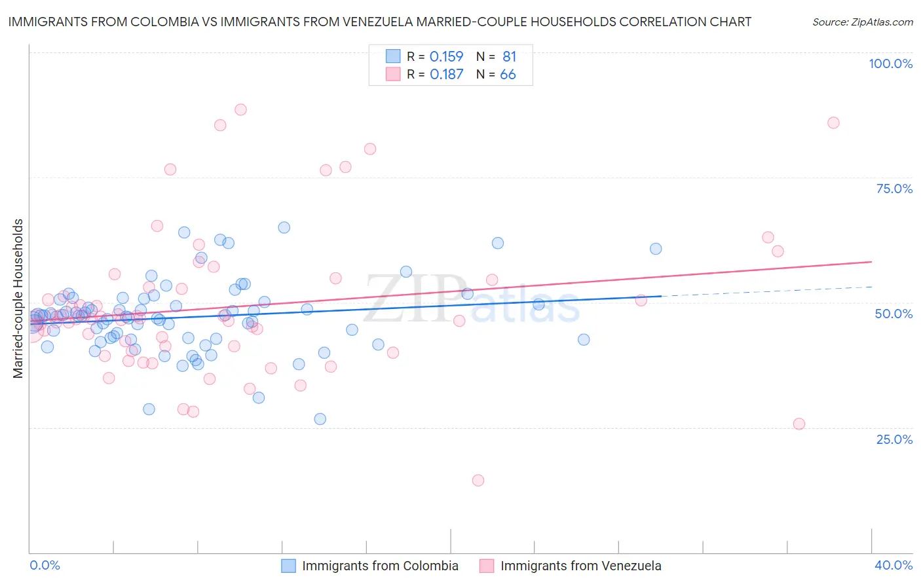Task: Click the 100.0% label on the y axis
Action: tap(890, 64)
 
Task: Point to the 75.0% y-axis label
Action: tap(894, 189)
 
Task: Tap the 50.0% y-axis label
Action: tap(893, 314)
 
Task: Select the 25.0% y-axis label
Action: tap(894, 439)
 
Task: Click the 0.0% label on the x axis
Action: tap(45, 565)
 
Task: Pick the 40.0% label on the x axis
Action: tap(893, 565)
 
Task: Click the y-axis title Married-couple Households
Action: tap(18, 299)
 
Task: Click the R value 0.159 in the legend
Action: tap(446, 57)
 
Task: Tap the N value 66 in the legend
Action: tap(508, 75)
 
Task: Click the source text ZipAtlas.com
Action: tap(862, 22)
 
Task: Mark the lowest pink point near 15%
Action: tap(478, 481)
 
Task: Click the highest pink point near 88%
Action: tap(240, 109)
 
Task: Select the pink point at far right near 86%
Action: tap(833, 122)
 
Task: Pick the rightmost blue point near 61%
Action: tap(656, 249)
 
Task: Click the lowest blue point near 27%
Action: tap(320, 419)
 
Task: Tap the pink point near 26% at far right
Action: tap(799, 424)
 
